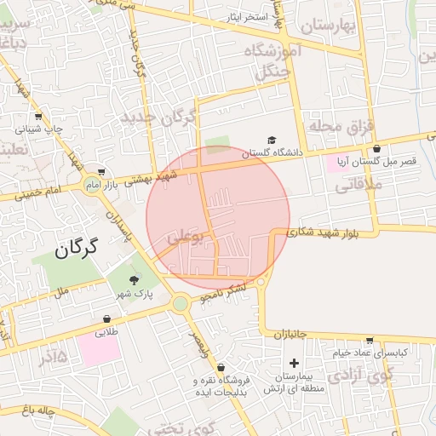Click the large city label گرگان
[x=77, y=249]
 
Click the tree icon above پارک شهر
[x=133, y=280]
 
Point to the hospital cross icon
[x=294, y=363]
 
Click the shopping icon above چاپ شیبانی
[x=37, y=118]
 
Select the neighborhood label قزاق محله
[x=341, y=127]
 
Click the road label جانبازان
[x=290, y=336]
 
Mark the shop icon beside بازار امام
[x=101, y=170]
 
